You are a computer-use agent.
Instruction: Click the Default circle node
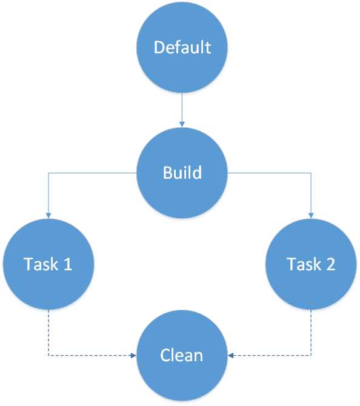click(182, 47)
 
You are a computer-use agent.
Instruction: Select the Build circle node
click(182, 172)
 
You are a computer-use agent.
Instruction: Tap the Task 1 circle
click(48, 264)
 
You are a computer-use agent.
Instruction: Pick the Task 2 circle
click(312, 264)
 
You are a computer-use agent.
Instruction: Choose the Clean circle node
click(182, 354)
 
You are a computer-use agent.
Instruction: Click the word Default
click(182, 47)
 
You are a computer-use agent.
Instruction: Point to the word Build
click(182, 172)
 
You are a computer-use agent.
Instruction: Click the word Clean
click(182, 354)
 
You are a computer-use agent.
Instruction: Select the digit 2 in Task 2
click(330, 264)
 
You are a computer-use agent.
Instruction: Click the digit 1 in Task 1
click(68, 264)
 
